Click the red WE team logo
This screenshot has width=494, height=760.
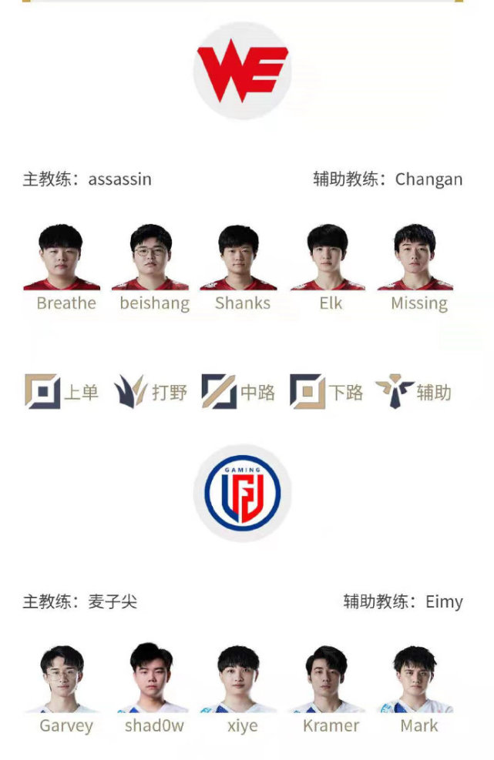point(242,70)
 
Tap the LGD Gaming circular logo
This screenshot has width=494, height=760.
point(242,493)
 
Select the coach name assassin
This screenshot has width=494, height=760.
point(120,179)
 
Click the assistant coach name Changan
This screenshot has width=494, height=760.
point(428,180)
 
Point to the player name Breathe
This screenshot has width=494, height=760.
point(66,303)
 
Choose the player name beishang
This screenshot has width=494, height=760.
point(155,304)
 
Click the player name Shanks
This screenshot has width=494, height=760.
point(243,303)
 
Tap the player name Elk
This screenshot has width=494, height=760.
point(331,303)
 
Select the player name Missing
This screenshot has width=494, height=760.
point(419,304)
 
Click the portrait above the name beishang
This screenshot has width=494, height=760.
point(150,257)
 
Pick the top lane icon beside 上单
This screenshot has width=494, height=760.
point(42,391)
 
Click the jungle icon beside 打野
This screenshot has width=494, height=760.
point(130,391)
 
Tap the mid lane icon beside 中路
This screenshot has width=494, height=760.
point(219,391)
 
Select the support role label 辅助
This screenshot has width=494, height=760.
point(434,392)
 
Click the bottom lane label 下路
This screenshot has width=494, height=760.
point(345,392)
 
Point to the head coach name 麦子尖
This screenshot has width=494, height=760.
point(113,602)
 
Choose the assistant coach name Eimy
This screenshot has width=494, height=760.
point(444,602)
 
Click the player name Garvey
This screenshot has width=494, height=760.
point(66,726)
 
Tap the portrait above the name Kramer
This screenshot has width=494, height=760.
point(327,679)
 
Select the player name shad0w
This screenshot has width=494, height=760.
point(154,725)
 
